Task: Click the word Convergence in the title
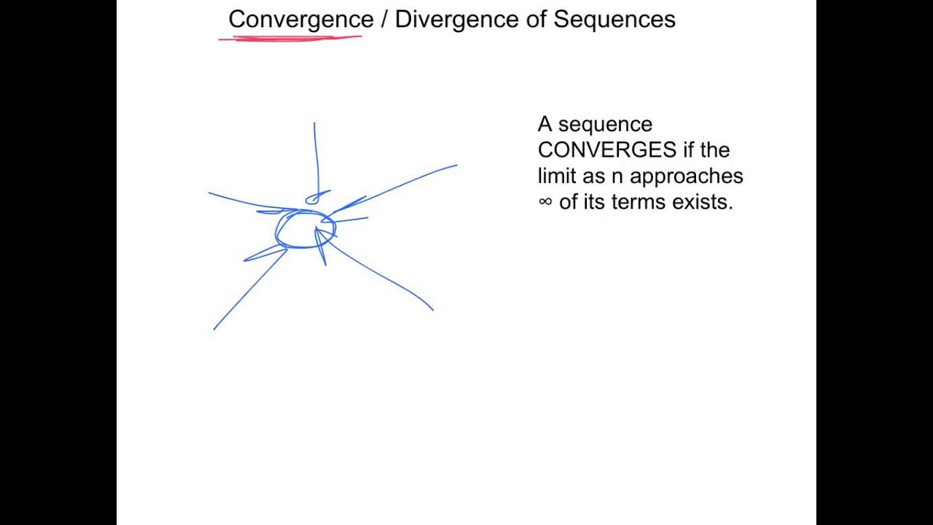300,20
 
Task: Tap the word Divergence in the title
457,20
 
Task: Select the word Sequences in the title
614,20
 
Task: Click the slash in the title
384,20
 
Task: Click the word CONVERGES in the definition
606,150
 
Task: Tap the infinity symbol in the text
545,202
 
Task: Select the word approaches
686,177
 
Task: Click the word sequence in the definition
605,125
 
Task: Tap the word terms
639,202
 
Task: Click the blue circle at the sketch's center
305,230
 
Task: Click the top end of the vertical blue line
314,123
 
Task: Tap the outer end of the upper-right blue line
456,166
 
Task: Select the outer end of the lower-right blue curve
433,310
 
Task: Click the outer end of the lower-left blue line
214,329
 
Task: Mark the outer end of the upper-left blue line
209,193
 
